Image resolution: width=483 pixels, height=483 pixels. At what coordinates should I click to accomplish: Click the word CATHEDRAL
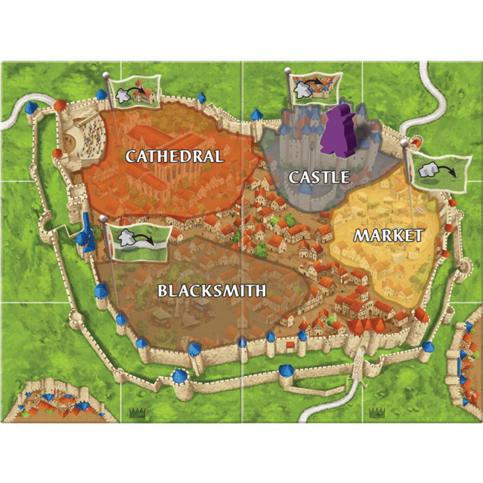174,156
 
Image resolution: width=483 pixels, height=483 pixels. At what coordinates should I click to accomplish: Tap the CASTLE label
319,177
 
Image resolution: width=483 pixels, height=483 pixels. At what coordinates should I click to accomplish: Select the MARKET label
388,236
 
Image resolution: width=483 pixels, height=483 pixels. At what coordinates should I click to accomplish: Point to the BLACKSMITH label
212,291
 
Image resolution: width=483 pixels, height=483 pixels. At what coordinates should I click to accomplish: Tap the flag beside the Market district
438,172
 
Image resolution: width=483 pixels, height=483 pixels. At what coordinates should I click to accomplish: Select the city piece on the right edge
464,364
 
